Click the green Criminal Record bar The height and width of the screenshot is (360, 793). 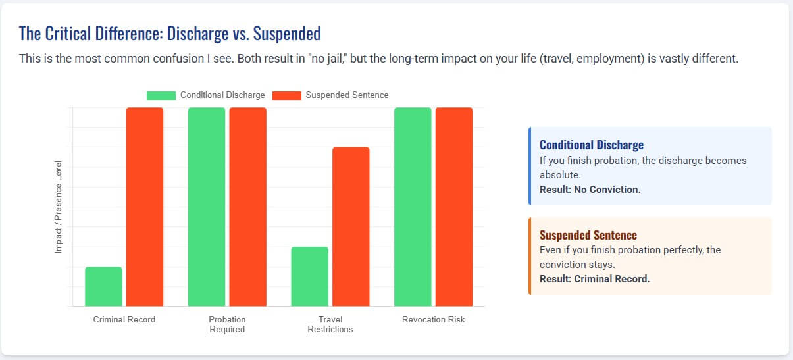103,286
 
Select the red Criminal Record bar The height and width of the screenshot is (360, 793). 145,207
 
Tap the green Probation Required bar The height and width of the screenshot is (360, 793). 207,207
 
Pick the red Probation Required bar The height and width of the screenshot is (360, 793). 248,207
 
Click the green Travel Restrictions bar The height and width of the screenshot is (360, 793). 309,276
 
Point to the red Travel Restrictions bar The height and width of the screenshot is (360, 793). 351,226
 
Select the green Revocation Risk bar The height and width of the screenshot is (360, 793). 413,207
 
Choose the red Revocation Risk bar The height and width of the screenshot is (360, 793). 454,207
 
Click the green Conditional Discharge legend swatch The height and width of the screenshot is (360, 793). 161,95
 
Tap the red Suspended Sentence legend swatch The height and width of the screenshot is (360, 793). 286,95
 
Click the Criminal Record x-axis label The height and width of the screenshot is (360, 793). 124,320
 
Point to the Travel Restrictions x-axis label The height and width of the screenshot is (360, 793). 330,324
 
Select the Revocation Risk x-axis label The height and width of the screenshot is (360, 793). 433,320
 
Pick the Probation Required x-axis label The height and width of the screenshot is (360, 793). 227,324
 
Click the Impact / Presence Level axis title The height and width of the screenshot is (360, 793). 59,207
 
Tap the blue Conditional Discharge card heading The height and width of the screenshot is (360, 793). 592,145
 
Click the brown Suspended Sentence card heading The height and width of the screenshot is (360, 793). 588,235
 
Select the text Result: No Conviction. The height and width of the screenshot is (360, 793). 590,190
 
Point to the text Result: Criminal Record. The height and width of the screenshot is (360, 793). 594,279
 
